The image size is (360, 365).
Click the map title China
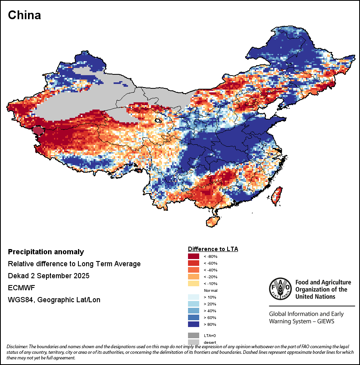(24, 15)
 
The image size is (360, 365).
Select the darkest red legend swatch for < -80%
(194, 256)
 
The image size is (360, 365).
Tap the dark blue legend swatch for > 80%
(194, 324)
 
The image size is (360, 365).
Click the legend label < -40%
(210, 270)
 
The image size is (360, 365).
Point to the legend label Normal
(210, 290)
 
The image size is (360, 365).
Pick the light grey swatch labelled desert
(194, 342)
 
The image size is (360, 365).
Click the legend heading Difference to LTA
(213, 249)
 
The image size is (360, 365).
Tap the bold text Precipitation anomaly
(46, 252)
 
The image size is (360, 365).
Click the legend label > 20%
(210, 304)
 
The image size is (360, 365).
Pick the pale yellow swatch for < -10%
(194, 283)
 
